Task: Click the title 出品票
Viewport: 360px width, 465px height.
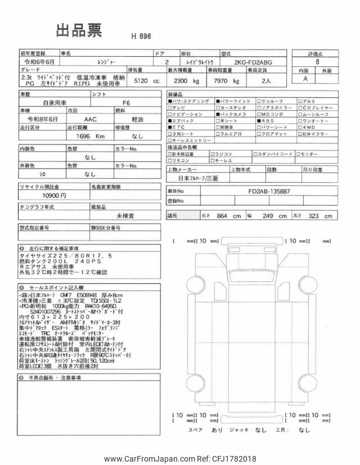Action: [x=79, y=31]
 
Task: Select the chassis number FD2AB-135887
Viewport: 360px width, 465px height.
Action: [x=269, y=191]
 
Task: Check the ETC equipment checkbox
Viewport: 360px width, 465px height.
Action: [x=170, y=127]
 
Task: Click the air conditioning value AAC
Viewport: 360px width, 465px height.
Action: [x=89, y=120]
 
